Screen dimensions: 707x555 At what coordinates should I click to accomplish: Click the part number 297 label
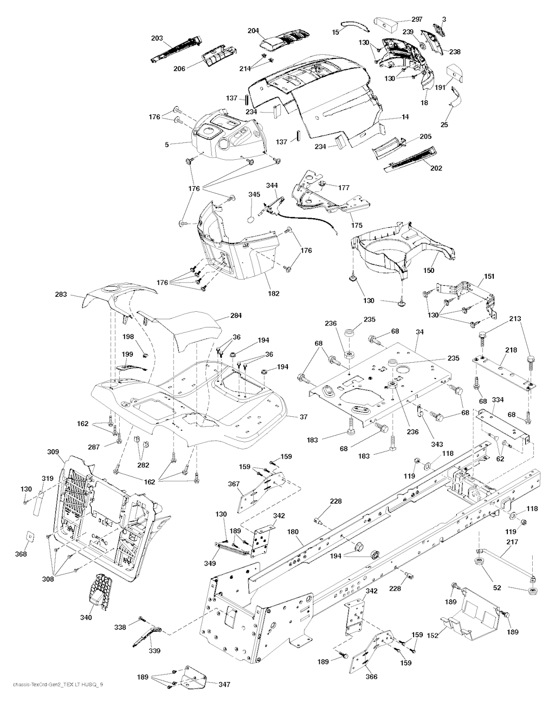pos(402,19)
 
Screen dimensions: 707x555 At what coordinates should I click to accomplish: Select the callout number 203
pos(157,38)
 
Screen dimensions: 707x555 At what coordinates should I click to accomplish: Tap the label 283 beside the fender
pos(61,294)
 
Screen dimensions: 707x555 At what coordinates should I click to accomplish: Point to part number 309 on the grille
pos(53,451)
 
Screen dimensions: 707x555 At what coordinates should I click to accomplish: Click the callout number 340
pos(86,617)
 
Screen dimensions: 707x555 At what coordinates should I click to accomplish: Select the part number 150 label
pos(429,270)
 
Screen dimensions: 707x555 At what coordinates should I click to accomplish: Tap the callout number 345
pos(254,194)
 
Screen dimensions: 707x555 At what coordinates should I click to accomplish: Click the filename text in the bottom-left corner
pos(53,700)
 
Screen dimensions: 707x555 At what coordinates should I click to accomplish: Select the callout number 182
pos(274,293)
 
